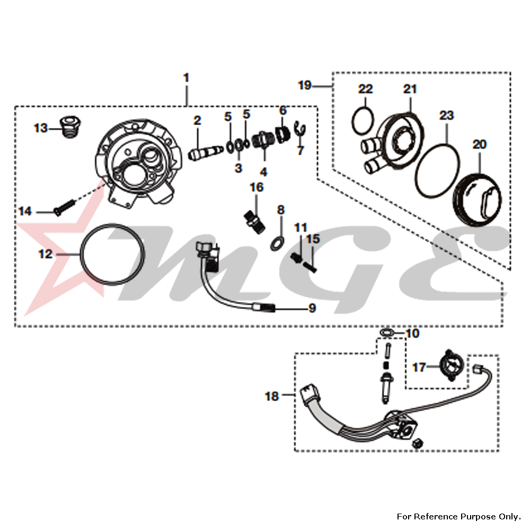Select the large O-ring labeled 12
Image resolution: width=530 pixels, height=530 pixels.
tap(112, 255)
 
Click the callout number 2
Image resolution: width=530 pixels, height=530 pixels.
tap(197, 121)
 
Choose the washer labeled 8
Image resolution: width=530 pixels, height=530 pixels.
tap(276, 243)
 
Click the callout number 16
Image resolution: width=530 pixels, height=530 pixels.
tap(257, 188)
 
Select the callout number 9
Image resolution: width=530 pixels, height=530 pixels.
tap(312, 307)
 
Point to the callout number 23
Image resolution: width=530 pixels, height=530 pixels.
tap(447, 116)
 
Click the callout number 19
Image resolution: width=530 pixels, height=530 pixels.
tap(304, 85)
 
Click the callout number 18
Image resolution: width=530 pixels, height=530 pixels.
tap(271, 395)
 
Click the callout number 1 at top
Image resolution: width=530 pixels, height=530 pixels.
tap(186, 78)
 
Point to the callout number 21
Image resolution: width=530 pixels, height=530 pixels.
tap(410, 89)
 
